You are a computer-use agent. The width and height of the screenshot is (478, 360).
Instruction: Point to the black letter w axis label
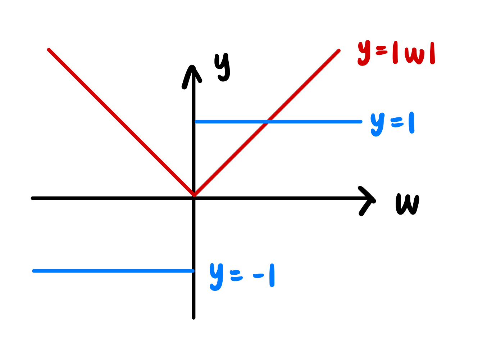408,204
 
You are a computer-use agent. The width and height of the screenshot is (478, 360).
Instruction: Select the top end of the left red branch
49,50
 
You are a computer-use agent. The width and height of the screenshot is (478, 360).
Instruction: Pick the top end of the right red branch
339,51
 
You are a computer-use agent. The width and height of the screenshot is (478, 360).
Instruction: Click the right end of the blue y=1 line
360,122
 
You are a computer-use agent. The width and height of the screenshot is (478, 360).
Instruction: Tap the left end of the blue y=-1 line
34,271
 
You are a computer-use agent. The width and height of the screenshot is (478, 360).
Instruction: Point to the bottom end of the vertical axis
194,318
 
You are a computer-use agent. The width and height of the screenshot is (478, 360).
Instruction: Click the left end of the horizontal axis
33,198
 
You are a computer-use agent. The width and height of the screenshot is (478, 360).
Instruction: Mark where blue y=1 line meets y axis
195,122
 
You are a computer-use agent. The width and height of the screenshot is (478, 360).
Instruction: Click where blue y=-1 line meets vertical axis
194,271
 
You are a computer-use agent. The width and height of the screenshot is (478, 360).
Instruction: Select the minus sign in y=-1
258,276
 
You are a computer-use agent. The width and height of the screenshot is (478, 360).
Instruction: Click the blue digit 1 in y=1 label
411,123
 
